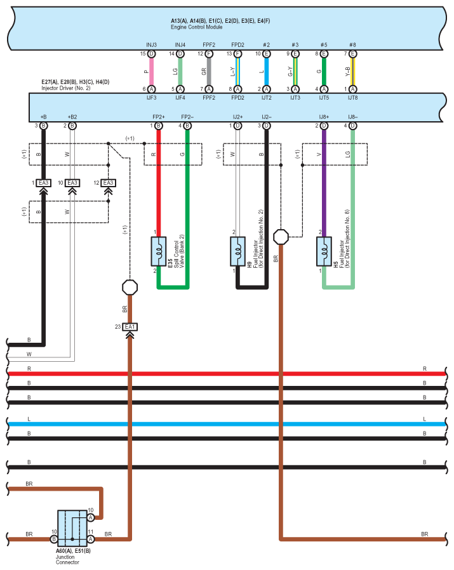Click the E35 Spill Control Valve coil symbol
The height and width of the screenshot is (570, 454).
click(x=159, y=251)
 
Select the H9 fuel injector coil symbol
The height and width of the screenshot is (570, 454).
click(x=237, y=251)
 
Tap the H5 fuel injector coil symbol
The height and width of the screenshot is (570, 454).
click(x=324, y=251)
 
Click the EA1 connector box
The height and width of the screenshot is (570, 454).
click(x=130, y=327)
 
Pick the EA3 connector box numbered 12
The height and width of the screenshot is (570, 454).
click(x=108, y=183)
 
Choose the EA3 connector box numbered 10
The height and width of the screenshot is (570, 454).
click(x=72, y=183)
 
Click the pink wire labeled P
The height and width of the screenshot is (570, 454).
click(x=151, y=72)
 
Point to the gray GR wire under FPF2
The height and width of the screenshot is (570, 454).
click(x=209, y=72)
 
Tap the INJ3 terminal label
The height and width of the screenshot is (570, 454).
click(x=151, y=44)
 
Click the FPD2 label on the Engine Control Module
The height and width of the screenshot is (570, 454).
click(x=237, y=44)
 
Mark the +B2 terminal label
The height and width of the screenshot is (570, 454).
click(x=72, y=117)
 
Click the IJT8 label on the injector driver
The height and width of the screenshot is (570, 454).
click(x=352, y=98)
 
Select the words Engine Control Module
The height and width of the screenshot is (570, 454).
click(x=196, y=27)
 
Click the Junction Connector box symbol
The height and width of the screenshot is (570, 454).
click(x=72, y=529)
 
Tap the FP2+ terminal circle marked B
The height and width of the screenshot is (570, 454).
click(x=159, y=126)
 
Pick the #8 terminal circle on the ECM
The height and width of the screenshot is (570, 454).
click(x=352, y=54)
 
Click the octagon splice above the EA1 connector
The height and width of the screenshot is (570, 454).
click(x=130, y=287)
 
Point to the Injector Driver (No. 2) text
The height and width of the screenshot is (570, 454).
click(x=66, y=88)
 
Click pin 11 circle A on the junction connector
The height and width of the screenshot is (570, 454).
click(x=91, y=539)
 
